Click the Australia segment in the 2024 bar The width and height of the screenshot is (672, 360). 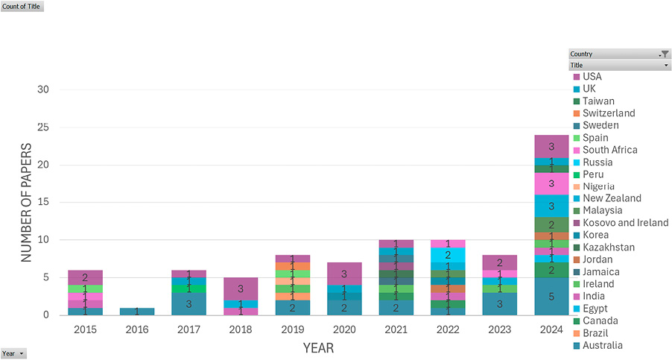click(x=551, y=296)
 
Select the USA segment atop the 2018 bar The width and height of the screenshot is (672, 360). click(x=241, y=289)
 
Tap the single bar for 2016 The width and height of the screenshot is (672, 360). click(x=137, y=312)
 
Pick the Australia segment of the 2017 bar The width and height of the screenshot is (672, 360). click(x=188, y=304)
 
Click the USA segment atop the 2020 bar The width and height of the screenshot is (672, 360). click(x=344, y=274)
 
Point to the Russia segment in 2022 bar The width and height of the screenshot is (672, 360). click(x=448, y=255)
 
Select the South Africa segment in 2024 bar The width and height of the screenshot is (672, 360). click(x=551, y=184)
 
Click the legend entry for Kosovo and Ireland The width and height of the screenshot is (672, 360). click(x=621, y=223)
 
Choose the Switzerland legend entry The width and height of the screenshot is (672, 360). click(x=604, y=113)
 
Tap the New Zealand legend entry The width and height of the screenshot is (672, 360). click(x=607, y=198)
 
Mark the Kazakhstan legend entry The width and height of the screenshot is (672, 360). click(x=604, y=247)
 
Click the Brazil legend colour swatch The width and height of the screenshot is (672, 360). click(x=577, y=334)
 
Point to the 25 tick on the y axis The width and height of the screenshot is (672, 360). click(x=43, y=127)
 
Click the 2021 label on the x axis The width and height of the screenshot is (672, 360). click(x=396, y=329)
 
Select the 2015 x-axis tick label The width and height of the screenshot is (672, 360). click(x=85, y=329)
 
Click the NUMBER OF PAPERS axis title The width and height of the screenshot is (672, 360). click(x=26, y=202)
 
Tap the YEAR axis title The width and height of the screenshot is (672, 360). click(x=318, y=348)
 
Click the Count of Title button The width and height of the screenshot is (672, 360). click(x=22, y=7)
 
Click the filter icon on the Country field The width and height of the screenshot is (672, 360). click(x=665, y=54)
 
